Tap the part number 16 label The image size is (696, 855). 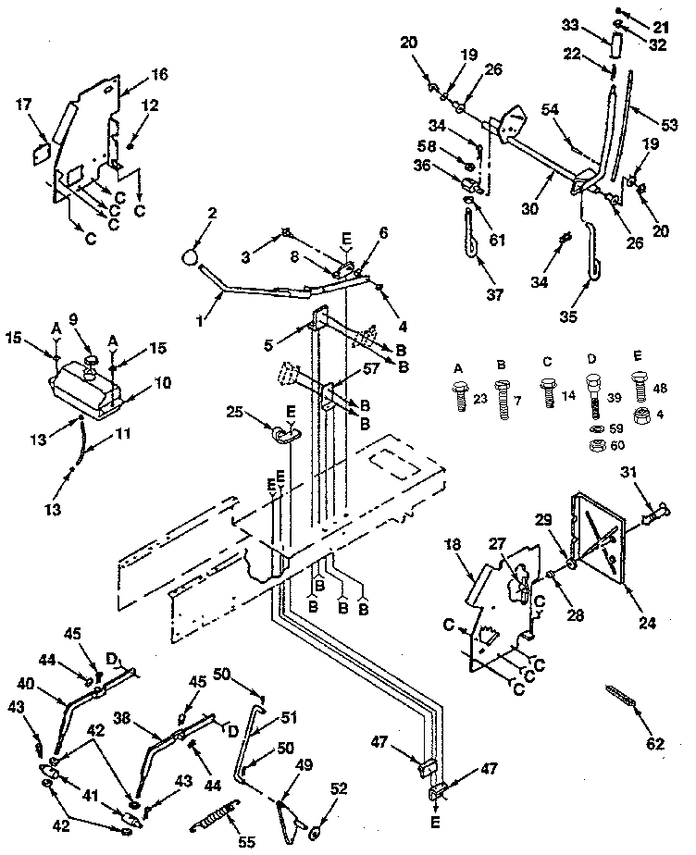(159, 76)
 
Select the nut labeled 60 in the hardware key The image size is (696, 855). (596, 446)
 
